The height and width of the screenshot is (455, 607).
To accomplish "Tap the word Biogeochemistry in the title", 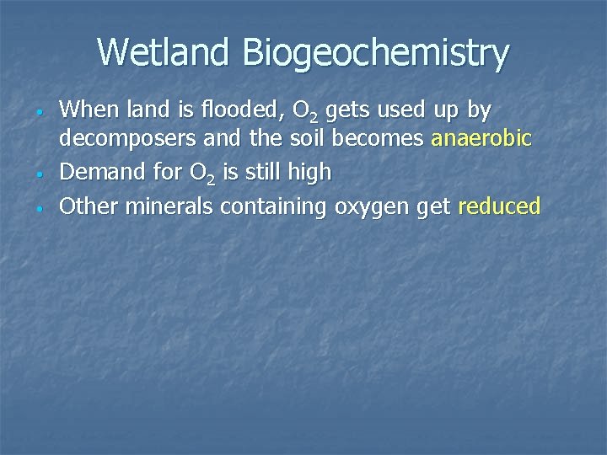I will click(376, 54).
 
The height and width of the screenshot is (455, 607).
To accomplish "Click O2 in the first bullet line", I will click(302, 110).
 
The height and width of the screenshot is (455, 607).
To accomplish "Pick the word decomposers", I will click(129, 141).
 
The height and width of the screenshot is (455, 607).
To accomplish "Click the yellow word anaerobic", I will click(481, 139).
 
